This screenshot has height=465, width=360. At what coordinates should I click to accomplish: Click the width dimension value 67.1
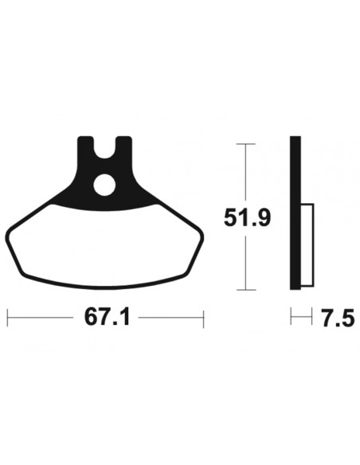[x=107, y=317]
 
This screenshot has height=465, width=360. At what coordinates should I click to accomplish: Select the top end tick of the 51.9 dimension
[x=247, y=144]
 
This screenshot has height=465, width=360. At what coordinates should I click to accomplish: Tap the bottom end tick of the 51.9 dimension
[x=247, y=288]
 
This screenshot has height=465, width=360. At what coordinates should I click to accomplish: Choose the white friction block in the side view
[x=307, y=247]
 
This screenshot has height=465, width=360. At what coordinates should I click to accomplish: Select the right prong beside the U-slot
[x=123, y=147]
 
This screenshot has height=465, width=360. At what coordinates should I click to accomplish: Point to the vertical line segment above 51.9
[x=247, y=171]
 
